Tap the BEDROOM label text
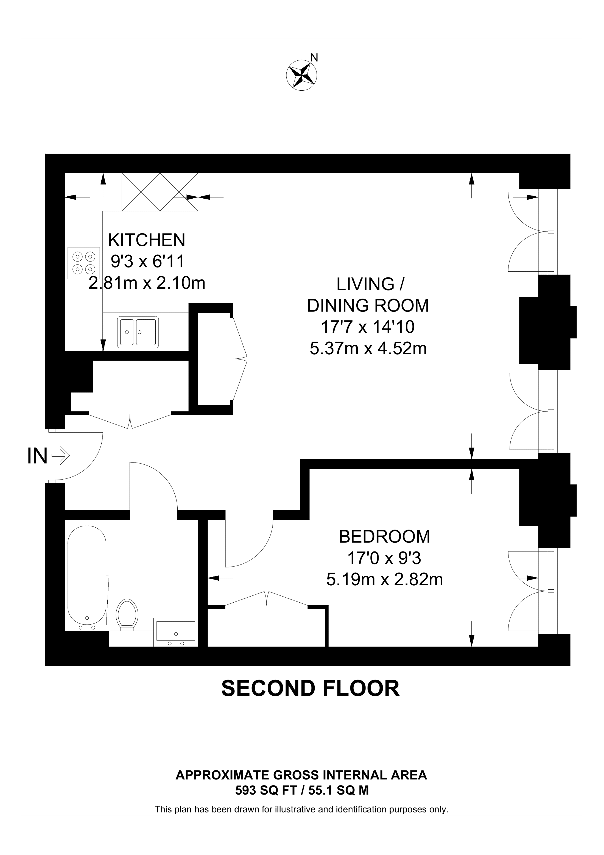384,537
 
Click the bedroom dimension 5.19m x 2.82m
384,580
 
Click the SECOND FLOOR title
310,688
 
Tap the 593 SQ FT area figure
269,788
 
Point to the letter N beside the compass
314,57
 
